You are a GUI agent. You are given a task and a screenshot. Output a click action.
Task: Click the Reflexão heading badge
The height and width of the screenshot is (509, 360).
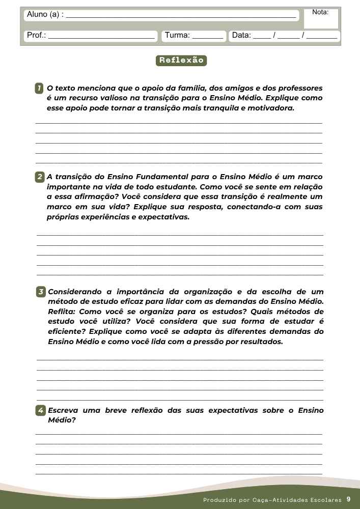click(181, 61)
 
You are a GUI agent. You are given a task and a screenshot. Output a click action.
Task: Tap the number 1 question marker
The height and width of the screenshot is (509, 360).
click(39, 89)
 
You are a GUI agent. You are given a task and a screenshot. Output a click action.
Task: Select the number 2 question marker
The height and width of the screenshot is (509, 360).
click(39, 178)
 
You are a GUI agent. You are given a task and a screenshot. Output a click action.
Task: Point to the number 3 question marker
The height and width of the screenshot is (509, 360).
click(41, 292)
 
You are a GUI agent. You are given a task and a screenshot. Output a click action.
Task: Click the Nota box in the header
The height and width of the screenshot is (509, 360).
click(320, 18)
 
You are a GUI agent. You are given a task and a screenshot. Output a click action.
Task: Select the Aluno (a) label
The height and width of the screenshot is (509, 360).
click(45, 15)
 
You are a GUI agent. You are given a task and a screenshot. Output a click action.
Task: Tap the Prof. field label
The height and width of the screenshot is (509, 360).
click(36, 36)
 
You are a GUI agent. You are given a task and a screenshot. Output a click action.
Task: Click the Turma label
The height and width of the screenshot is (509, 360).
click(177, 36)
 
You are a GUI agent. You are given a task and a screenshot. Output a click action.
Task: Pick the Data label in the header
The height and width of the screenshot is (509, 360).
click(241, 36)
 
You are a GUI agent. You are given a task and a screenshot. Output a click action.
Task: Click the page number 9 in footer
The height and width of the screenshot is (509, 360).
click(348, 499)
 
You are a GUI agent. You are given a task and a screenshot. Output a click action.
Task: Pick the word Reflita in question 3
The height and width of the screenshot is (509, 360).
click(62, 312)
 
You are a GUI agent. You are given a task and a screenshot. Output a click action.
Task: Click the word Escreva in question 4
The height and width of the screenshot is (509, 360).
click(64, 410)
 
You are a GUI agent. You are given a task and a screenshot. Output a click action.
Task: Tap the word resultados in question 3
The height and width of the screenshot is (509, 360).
click(259, 342)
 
